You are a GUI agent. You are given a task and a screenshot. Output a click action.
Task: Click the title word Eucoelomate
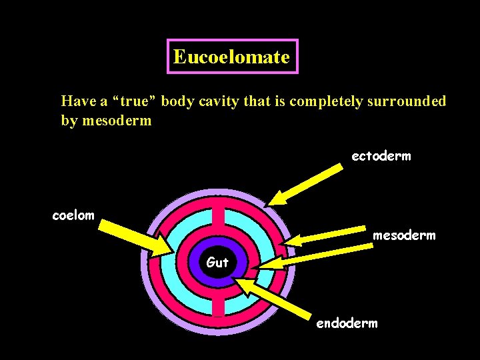(x=231, y=57)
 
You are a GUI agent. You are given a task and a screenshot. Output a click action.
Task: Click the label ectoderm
(x=381, y=156)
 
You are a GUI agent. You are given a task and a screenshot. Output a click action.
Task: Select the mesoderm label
(x=403, y=235)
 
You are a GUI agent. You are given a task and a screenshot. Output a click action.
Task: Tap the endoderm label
(x=346, y=323)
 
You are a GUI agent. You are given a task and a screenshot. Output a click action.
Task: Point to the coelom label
(x=73, y=215)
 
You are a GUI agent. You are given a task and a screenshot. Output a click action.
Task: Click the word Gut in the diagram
(x=217, y=263)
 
